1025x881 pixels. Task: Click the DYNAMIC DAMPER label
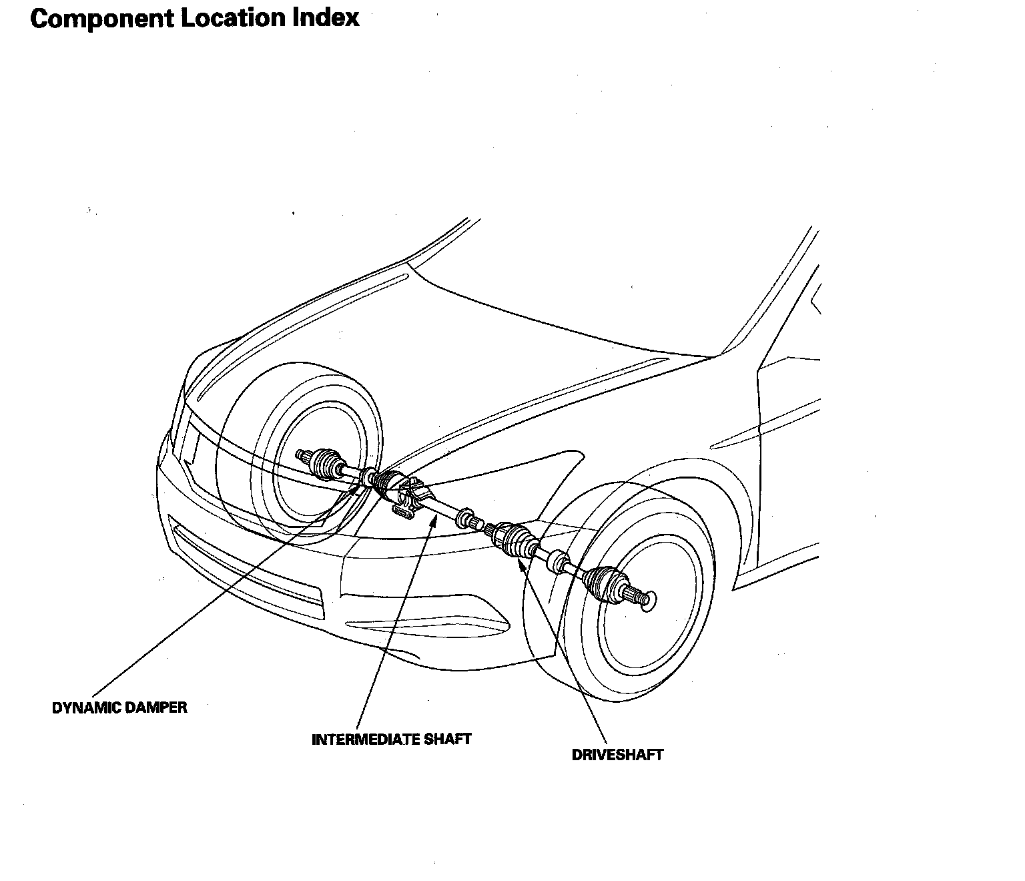pyautogui.click(x=119, y=708)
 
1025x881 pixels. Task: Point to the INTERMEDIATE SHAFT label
pyautogui.click(x=392, y=740)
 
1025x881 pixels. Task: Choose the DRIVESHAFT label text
pyautogui.click(x=617, y=755)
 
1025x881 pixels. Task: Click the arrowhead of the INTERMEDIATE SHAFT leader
pyautogui.click(x=434, y=519)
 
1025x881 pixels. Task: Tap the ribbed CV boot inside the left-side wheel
pyautogui.click(x=326, y=464)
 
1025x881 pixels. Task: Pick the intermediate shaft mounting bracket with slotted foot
pyautogui.click(x=405, y=511)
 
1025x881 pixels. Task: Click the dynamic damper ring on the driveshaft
pyautogui.click(x=369, y=477)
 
